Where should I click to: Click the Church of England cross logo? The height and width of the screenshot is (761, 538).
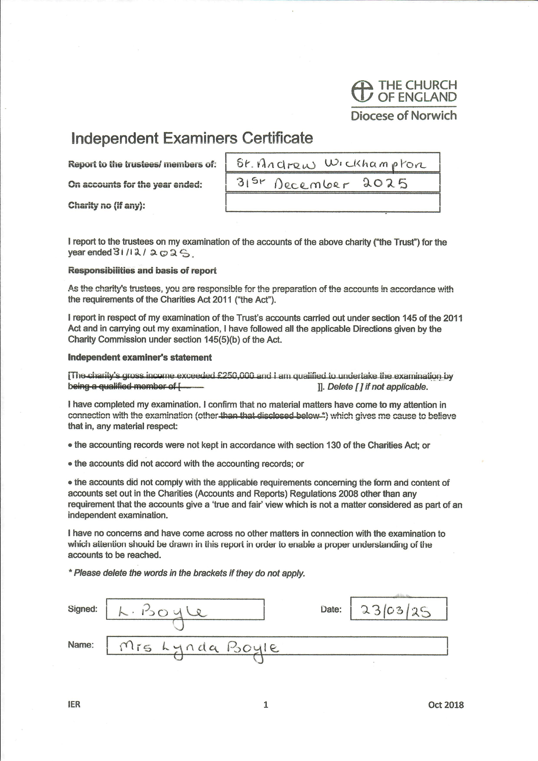click(x=362, y=91)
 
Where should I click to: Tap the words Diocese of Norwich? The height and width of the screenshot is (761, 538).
click(x=403, y=116)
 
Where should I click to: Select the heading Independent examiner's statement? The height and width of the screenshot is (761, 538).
click(x=140, y=357)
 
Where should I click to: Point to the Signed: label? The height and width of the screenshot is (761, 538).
click(x=82, y=609)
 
